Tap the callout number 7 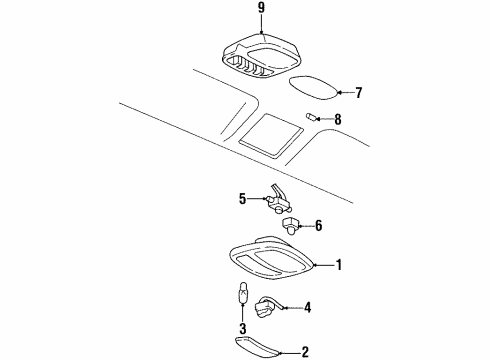pyautogui.click(x=358, y=93)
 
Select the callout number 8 pyautogui.click(x=337, y=119)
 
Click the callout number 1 pyautogui.click(x=338, y=265)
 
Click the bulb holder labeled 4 pyautogui.click(x=270, y=304)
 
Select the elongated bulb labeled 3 pyautogui.click(x=241, y=298)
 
